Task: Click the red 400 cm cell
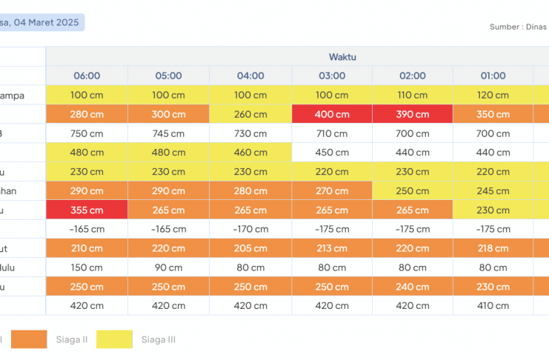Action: point(331,114)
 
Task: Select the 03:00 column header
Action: point(331,76)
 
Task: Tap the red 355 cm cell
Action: point(87,210)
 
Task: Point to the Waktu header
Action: point(343,56)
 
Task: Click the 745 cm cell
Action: point(168,133)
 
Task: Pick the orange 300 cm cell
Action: point(168,114)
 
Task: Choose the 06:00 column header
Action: point(87,76)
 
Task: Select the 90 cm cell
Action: point(168,267)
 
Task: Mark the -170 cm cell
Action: point(250,229)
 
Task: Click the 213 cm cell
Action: point(331,248)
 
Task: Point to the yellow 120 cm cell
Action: point(493,95)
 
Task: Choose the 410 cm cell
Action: point(493,305)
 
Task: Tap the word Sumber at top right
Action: point(504,27)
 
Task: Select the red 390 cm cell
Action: point(413,114)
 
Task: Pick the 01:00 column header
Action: point(493,76)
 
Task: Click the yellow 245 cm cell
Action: point(493,190)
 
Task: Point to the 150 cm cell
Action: point(87,267)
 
